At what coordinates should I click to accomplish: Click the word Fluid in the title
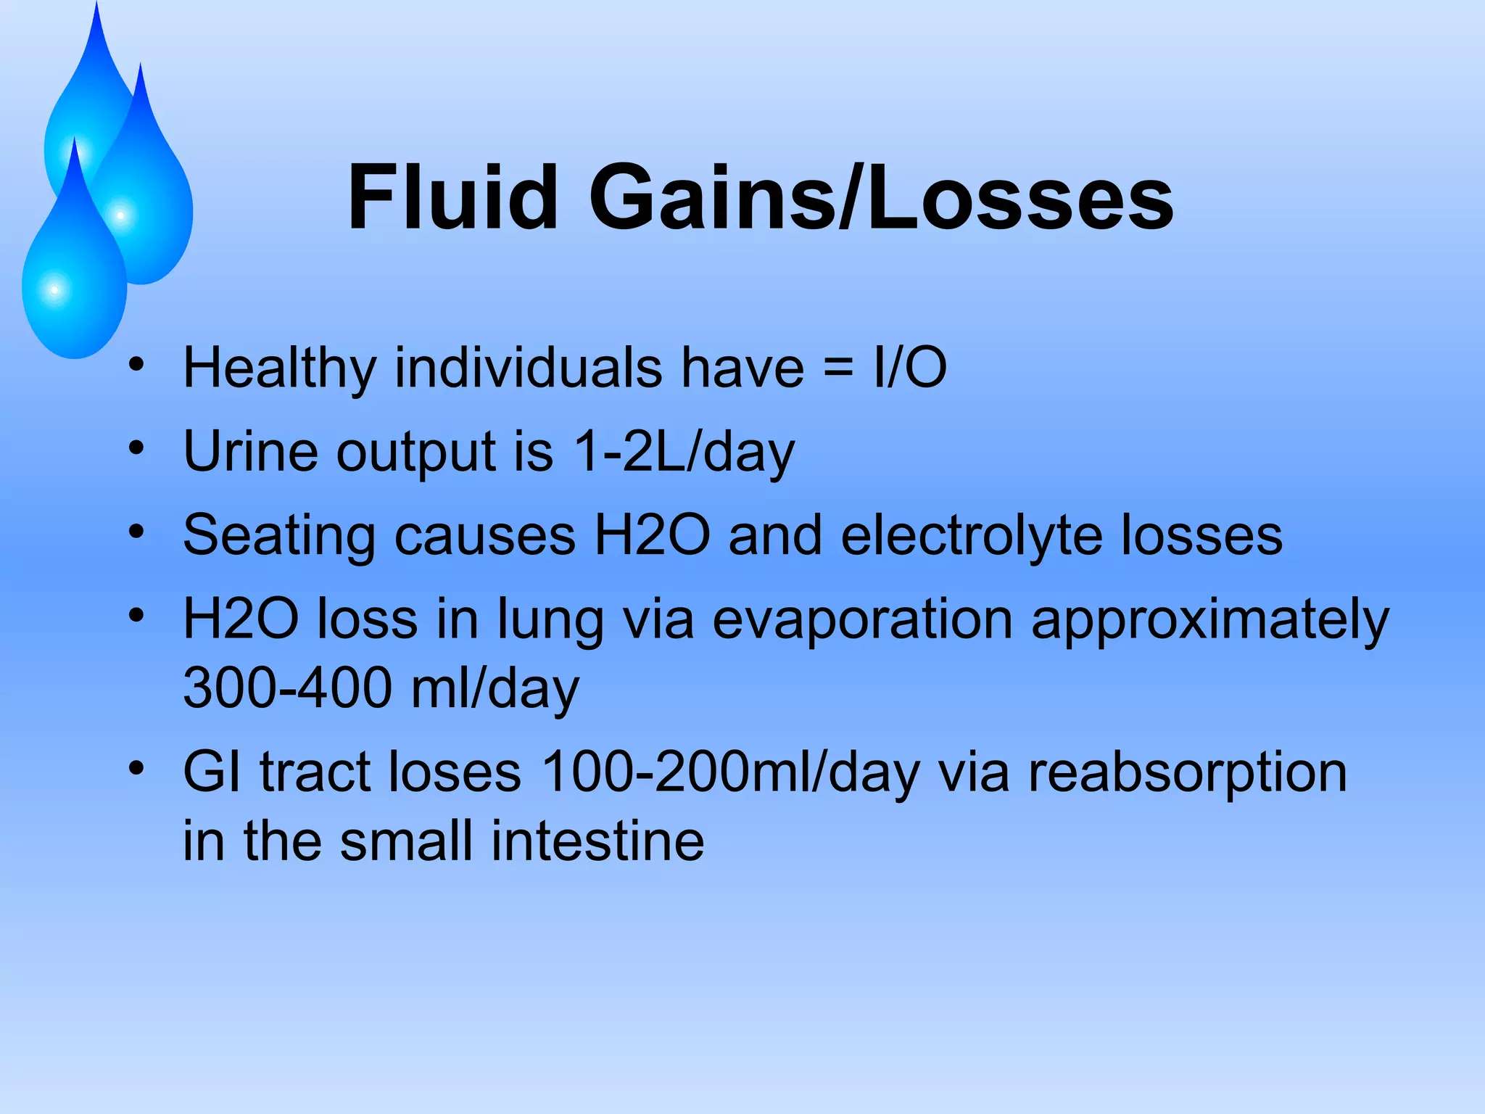[x=452, y=197]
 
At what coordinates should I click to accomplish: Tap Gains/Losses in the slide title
[x=880, y=197]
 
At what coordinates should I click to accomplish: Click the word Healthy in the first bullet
[x=280, y=368]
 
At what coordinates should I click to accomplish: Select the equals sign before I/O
[x=838, y=368]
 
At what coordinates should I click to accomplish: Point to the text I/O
[x=910, y=368]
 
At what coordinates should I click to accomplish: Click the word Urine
[x=250, y=452]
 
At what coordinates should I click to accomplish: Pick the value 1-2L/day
[x=683, y=452]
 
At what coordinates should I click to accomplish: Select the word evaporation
[x=862, y=620]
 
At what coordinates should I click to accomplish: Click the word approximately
[x=1209, y=620]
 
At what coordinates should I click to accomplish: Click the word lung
[x=550, y=620]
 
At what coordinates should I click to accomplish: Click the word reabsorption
[x=1188, y=772]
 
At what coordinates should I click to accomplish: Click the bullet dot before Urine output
[x=136, y=448]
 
